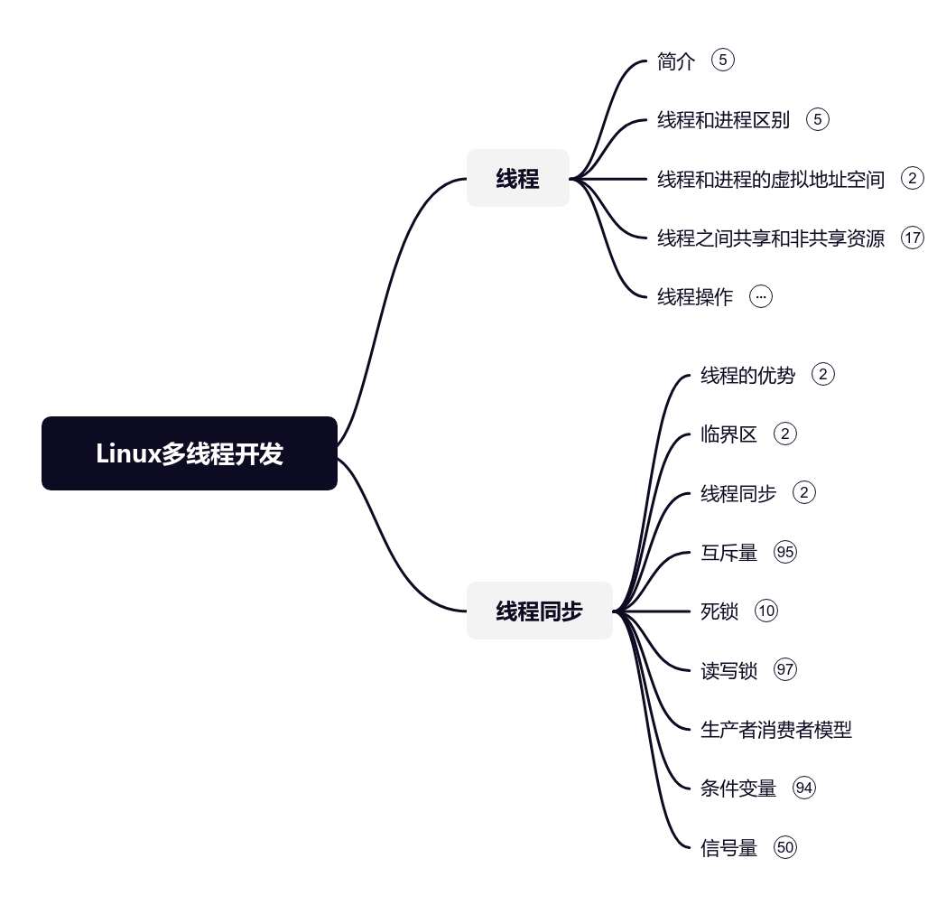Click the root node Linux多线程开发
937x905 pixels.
pyautogui.click(x=190, y=453)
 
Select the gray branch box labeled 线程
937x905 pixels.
pyautogui.click(x=517, y=179)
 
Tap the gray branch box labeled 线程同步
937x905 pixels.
pyautogui.click(x=539, y=611)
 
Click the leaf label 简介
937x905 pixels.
pyautogui.click(x=676, y=61)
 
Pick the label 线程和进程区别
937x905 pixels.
pyautogui.click(x=723, y=120)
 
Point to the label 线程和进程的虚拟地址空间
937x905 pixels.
pyautogui.click(x=770, y=179)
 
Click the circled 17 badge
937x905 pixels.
pyautogui.click(x=913, y=238)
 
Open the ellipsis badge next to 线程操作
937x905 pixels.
pyautogui.click(x=761, y=296)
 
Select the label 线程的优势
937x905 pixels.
pyautogui.click(x=747, y=375)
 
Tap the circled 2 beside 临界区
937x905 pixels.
pyautogui.click(x=785, y=434)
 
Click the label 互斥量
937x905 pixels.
pyautogui.click(x=728, y=552)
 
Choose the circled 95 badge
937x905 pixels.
pyautogui.click(x=785, y=552)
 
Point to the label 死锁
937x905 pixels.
pyautogui.click(x=719, y=611)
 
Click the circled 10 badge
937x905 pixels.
pyautogui.click(x=766, y=611)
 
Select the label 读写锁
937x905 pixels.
pyautogui.click(x=728, y=670)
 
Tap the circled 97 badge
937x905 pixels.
pyautogui.click(x=785, y=670)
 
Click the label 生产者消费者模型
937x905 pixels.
pyautogui.click(x=775, y=729)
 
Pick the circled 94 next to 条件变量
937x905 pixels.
pyautogui.click(x=803, y=788)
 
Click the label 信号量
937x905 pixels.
pyautogui.click(x=728, y=847)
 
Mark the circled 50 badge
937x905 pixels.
pyautogui.click(x=785, y=847)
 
